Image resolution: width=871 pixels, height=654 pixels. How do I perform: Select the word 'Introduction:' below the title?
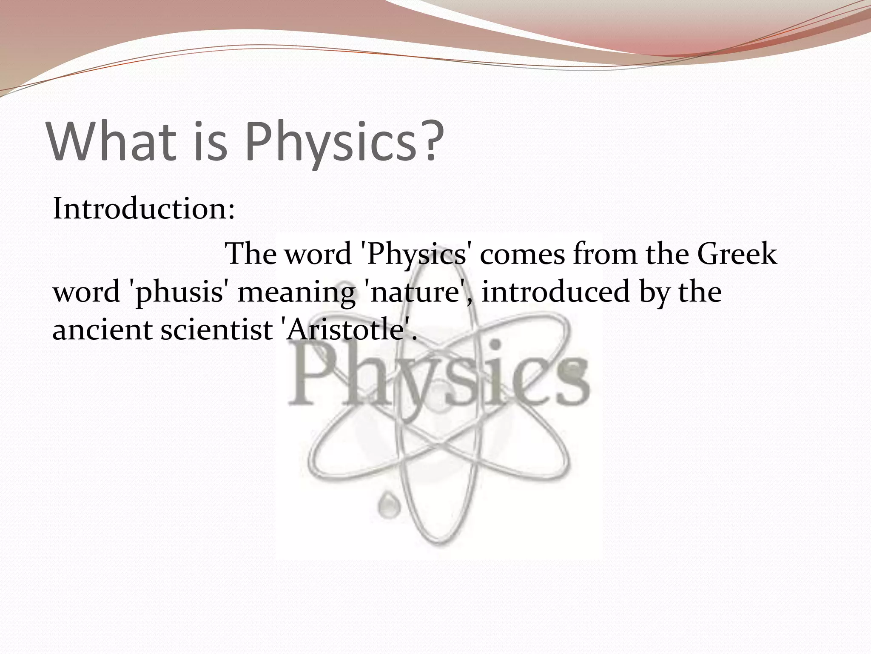click(144, 209)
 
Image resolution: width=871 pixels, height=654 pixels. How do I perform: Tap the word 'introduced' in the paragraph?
click(555, 293)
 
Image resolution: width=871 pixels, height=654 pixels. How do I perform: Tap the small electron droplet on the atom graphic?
click(387, 505)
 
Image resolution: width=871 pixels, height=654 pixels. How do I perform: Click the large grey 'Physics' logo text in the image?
click(438, 375)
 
